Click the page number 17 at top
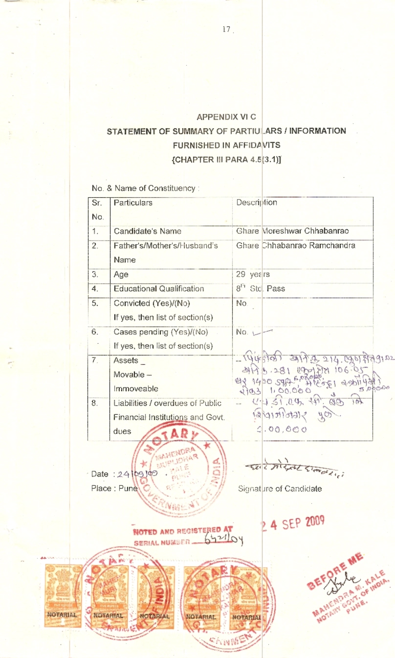click(x=226, y=29)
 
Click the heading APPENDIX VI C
click(x=226, y=117)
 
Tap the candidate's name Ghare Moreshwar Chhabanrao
click(x=292, y=231)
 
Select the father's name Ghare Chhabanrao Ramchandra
click(x=295, y=245)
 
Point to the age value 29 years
click(x=253, y=275)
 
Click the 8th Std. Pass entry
click(x=261, y=289)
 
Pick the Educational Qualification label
click(x=158, y=289)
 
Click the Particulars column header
click(x=133, y=203)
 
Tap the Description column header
click(x=257, y=203)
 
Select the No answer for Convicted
click(x=241, y=304)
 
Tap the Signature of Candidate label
click(x=280, y=489)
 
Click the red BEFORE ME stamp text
click(x=335, y=570)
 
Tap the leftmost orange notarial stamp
click(x=63, y=596)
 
